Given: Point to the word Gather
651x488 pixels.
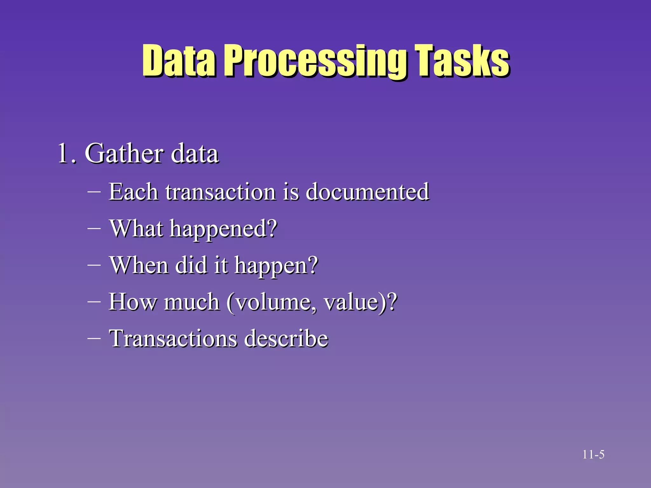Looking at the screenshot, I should (x=124, y=153).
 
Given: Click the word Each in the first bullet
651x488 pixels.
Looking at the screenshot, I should (x=134, y=192).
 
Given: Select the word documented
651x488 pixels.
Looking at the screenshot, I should (x=367, y=192).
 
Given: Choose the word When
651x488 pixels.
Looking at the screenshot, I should (x=139, y=265).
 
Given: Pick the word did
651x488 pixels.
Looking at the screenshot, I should (x=191, y=265).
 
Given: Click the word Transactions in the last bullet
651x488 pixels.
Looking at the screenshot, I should (x=173, y=338).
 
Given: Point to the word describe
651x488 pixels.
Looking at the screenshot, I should (x=286, y=338).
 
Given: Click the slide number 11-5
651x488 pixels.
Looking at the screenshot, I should (x=593, y=455).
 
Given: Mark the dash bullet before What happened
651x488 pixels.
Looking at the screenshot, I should (x=94, y=228).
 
